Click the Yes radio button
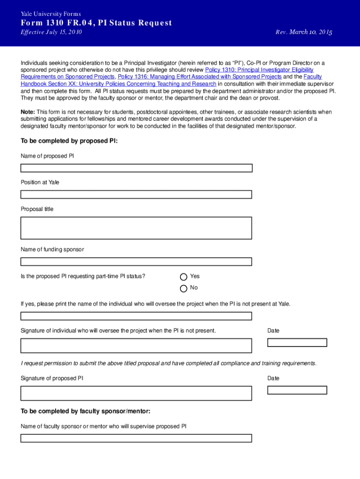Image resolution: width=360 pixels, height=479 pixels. point(184,276)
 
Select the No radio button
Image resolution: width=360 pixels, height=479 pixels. point(184,288)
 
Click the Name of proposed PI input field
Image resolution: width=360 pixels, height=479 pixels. point(136,168)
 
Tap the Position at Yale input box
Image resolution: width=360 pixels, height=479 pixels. point(136,195)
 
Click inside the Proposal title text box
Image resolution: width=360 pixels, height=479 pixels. point(136,228)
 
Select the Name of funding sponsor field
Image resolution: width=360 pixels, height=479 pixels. point(136,261)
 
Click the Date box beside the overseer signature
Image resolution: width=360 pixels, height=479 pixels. point(297,342)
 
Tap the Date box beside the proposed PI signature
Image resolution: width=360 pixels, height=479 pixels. point(297,390)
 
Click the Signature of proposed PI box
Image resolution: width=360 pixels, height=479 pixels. point(136,393)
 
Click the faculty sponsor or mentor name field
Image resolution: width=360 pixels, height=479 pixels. point(136,438)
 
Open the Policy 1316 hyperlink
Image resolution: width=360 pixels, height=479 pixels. point(200,76)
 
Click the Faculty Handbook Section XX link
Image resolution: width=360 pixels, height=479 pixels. point(118,84)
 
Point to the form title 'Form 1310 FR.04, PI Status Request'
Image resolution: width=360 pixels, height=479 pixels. point(96,23)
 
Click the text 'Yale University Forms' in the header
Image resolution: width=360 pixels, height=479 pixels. point(51,14)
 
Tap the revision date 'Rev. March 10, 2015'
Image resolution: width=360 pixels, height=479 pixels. point(304,32)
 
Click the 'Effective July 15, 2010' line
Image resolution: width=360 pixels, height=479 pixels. point(51,32)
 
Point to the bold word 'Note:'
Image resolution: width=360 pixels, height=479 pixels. point(28,112)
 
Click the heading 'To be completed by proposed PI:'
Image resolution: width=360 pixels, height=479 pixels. point(69,141)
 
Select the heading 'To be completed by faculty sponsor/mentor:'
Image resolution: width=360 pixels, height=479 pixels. point(85,412)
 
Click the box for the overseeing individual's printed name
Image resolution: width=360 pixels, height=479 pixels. point(136,316)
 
